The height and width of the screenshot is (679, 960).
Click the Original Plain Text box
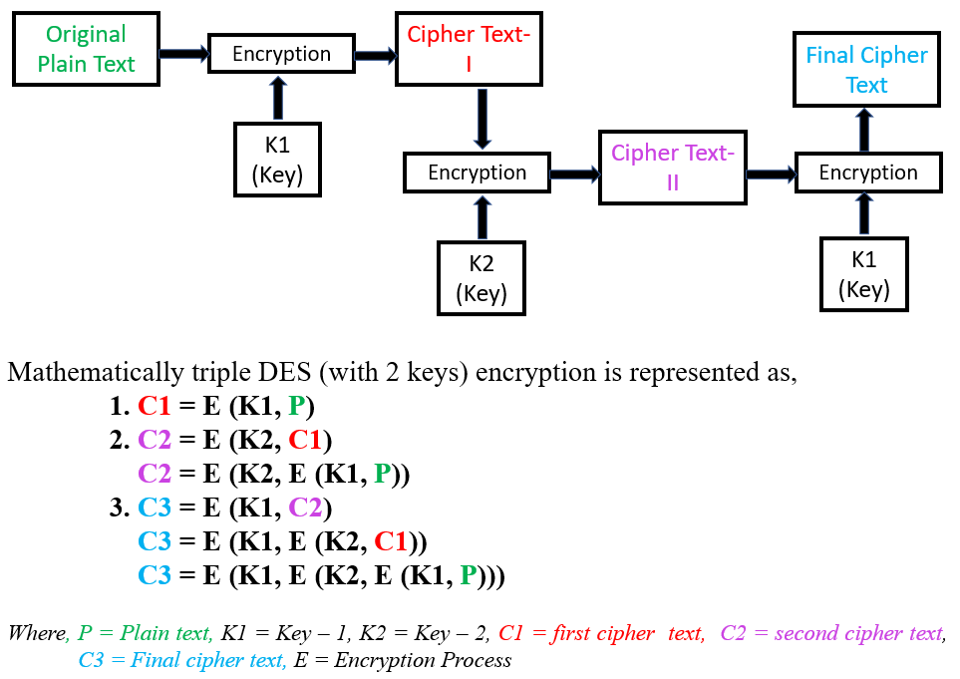(86, 49)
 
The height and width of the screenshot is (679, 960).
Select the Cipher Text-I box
(469, 49)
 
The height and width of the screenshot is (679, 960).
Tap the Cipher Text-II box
(672, 168)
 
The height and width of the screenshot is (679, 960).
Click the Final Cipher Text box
(866, 70)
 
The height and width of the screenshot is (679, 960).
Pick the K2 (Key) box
(481, 278)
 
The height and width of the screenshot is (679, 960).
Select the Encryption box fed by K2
(477, 172)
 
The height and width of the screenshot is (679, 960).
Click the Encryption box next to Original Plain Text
(281, 54)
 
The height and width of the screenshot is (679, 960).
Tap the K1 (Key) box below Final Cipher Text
(863, 274)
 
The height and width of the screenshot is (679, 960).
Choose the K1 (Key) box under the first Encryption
(277, 160)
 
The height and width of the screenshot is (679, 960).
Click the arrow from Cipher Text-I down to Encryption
(482, 118)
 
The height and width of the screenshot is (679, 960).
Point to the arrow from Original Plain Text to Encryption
(183, 53)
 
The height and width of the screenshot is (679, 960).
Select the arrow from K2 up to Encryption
(482, 217)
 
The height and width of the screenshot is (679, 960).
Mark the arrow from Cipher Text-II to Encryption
(771, 173)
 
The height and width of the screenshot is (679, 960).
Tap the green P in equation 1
(296, 406)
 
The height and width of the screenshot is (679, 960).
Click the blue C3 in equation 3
(155, 508)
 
